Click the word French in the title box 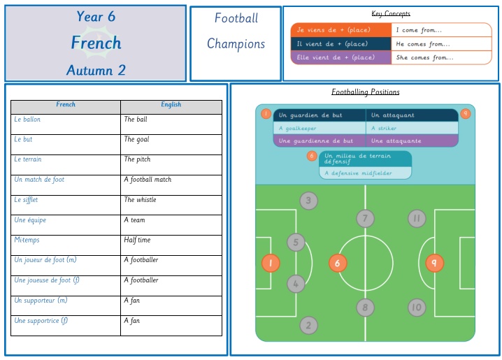coord(96,43)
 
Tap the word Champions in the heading coord(236,44)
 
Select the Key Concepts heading coord(391,13)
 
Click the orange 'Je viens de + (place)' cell coord(341,30)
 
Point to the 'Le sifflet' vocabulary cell coord(66,205)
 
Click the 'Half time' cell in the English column coord(171,245)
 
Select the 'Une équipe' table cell coord(66,225)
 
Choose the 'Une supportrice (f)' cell coord(66,326)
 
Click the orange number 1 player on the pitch coord(271,263)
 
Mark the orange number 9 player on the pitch coord(434,263)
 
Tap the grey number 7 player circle coord(365,219)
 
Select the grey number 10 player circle coord(417,307)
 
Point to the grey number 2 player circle coord(308,326)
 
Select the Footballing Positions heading coord(365,92)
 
